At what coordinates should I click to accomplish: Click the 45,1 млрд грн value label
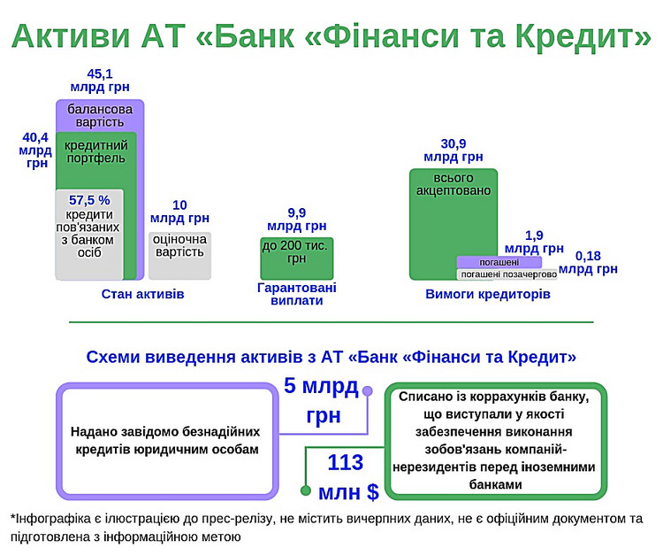100,81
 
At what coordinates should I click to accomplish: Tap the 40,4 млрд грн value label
35,150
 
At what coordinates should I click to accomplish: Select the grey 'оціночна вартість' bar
179,256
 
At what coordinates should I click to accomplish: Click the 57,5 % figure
89,200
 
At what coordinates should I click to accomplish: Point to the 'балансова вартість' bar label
100,116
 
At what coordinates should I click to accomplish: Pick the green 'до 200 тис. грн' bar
296,259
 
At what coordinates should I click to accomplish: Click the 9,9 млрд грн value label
296,220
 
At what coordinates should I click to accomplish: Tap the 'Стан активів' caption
143,294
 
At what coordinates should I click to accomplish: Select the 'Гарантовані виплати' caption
296,294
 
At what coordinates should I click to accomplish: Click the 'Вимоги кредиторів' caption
488,294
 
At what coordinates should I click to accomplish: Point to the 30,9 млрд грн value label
453,150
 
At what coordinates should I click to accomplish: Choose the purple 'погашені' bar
499,262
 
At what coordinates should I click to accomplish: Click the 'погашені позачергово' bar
507,274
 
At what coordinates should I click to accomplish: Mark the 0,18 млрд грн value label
588,262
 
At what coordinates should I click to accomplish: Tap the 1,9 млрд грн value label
534,242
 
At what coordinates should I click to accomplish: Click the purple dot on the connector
368,390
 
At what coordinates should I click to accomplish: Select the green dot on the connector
306,490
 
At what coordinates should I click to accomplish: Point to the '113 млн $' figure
348,477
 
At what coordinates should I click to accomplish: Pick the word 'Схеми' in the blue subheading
113,357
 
